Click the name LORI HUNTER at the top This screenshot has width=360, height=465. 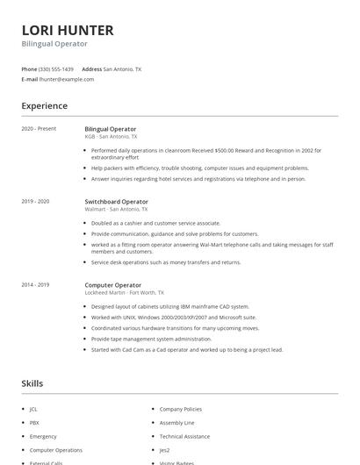(67, 30)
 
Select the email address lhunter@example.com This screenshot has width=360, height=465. (67, 79)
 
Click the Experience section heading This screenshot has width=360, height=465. (44, 106)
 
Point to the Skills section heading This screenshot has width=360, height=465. (32, 383)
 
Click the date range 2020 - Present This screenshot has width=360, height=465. (39, 129)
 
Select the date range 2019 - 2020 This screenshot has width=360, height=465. (35, 202)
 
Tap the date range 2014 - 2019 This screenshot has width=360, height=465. (35, 285)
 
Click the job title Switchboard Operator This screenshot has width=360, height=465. (116, 202)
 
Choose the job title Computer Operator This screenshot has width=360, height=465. (113, 285)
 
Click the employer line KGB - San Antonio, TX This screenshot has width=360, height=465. (111, 137)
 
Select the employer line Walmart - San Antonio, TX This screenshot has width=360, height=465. (116, 210)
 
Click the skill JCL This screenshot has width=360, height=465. (33, 409)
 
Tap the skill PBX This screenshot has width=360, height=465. (33, 422)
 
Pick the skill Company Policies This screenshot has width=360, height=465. (180, 409)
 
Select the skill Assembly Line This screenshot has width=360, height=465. (176, 422)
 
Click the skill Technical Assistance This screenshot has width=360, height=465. (184, 436)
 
